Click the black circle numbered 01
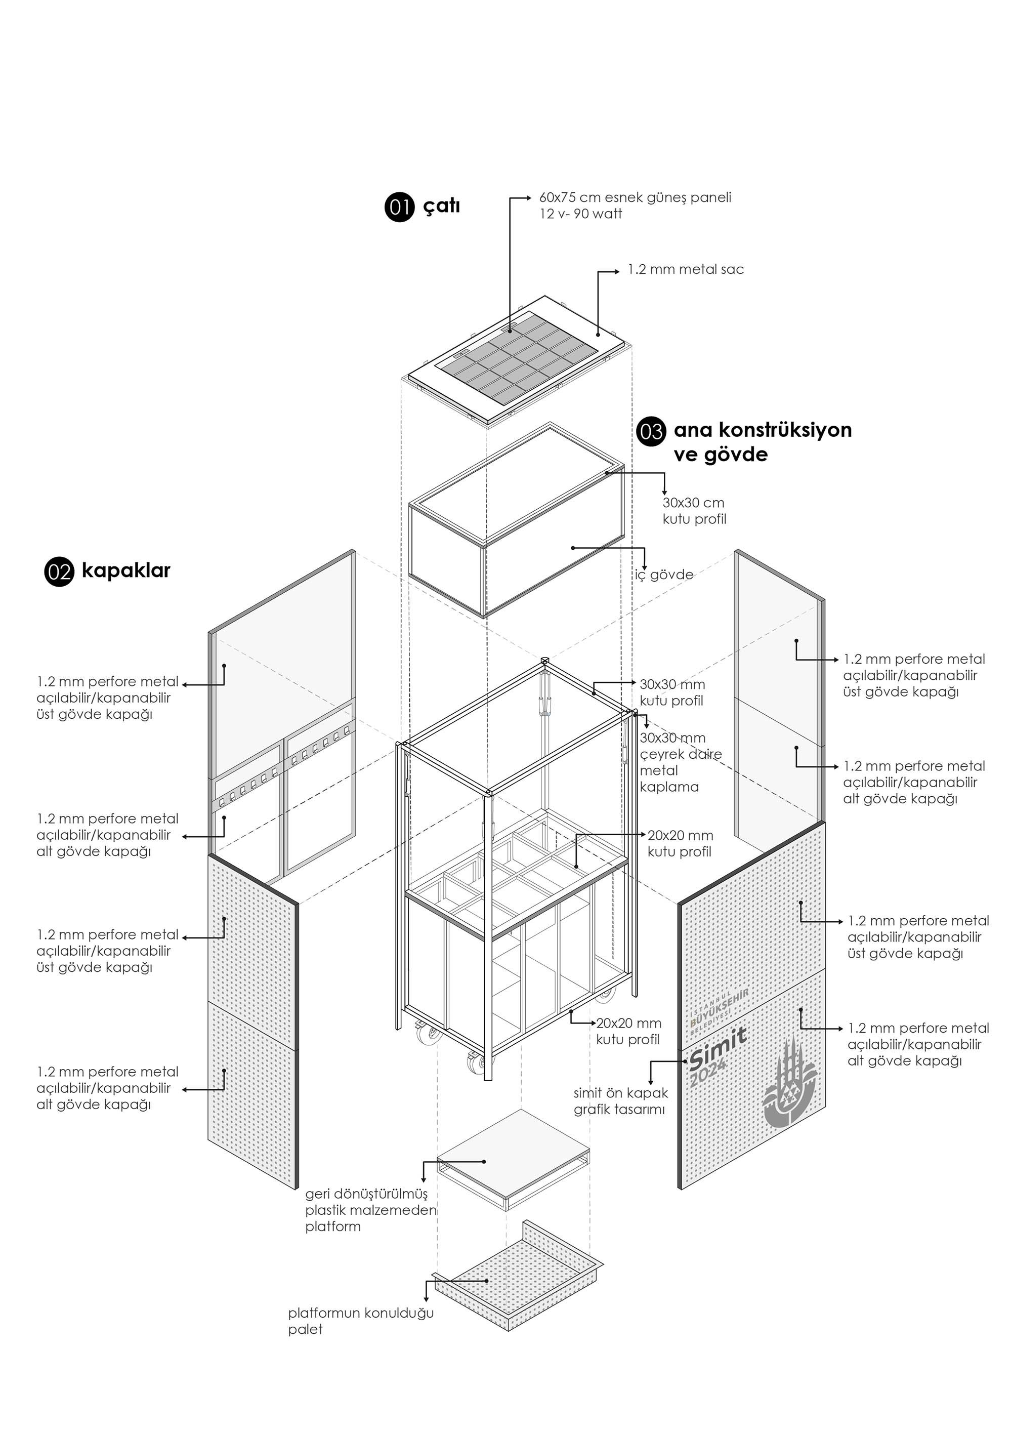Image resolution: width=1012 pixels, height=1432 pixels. (x=400, y=207)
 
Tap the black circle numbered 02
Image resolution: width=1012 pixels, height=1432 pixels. (x=59, y=572)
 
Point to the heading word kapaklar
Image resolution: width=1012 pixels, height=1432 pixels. (x=126, y=570)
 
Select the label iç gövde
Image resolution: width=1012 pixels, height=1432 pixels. (x=664, y=575)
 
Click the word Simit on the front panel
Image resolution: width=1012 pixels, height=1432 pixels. (x=719, y=1050)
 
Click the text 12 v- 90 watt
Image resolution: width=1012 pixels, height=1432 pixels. (x=580, y=214)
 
